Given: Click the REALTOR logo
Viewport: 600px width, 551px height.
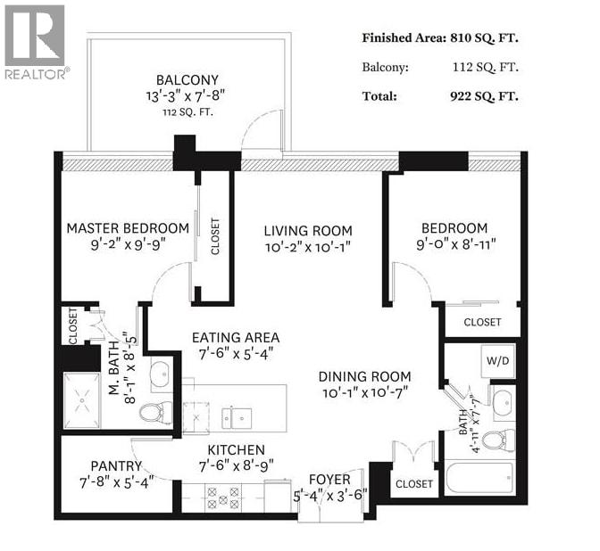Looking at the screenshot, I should (35, 42).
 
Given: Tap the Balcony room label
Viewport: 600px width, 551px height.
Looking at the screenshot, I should (187, 79).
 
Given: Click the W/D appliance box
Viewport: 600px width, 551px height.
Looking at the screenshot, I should (494, 362).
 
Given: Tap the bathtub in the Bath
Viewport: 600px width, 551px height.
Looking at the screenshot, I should (479, 480).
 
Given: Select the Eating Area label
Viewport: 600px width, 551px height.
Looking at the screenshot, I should (236, 338).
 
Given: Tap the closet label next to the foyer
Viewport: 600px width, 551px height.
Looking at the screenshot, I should (413, 484).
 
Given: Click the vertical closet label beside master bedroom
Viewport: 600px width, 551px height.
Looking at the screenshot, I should (215, 236).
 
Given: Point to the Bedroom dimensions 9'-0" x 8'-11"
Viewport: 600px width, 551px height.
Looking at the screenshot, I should (455, 243).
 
